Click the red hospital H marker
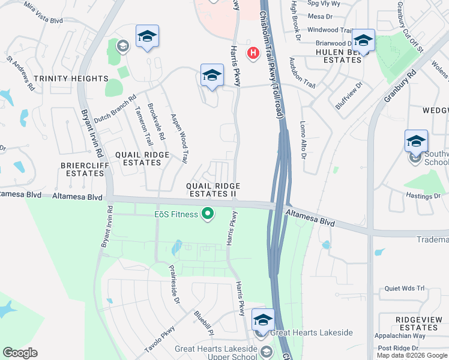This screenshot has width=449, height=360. pyautogui.click(x=253, y=53)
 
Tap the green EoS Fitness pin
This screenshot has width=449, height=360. pyautogui.click(x=208, y=214)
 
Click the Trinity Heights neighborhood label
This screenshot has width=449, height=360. pyautogui.click(x=71, y=79)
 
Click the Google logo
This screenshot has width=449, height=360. pyautogui.click(x=20, y=353)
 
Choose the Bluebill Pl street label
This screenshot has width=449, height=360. pyautogui.click(x=204, y=322)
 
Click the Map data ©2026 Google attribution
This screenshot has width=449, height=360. pyautogui.click(x=412, y=355)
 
